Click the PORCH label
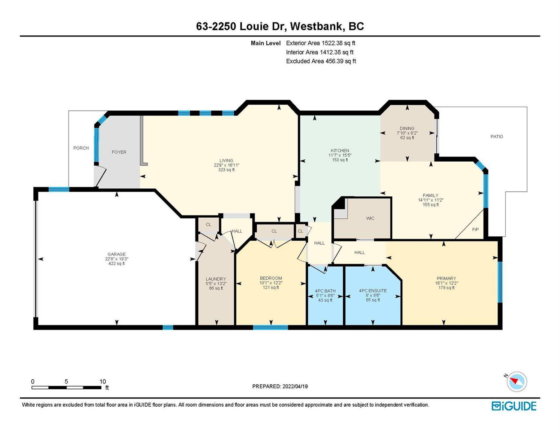point(81,148)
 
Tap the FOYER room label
point(119,152)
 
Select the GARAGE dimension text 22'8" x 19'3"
point(117,259)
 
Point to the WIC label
point(370,218)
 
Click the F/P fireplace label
point(476,229)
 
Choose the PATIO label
point(497,136)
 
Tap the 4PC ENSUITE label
point(373,290)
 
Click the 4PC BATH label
point(325,291)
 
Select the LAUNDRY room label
point(216,279)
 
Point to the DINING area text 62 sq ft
point(407,138)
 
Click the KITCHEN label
point(340,150)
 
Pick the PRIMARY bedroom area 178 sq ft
point(446,288)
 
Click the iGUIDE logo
point(514,406)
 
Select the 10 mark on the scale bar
point(102,381)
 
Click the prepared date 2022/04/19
point(295,386)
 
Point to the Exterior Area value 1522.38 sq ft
point(338,43)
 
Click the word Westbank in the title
point(318,27)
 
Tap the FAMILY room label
point(431,196)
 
